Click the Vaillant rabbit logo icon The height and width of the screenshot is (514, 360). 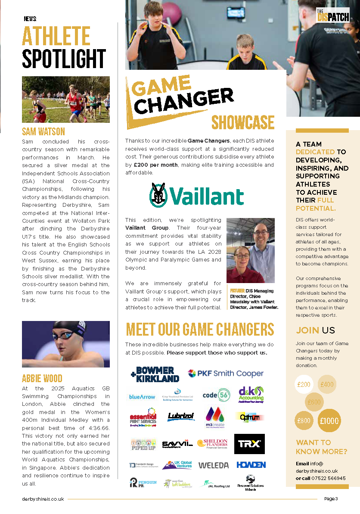pyautogui.click(x=159, y=195)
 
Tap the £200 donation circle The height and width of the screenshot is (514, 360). pyautogui.click(x=304, y=385)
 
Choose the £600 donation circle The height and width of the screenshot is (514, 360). pyautogui.click(x=314, y=402)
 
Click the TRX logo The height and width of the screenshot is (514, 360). pyautogui.click(x=249, y=444)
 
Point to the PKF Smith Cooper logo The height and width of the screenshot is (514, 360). pyautogui.click(x=225, y=374)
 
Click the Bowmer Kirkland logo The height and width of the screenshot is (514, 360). pyautogui.click(x=155, y=374)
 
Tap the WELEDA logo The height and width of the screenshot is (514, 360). pyautogui.click(x=213, y=465)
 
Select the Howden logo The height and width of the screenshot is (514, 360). pyautogui.click(x=251, y=465)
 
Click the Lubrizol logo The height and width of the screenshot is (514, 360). pyautogui.click(x=181, y=417)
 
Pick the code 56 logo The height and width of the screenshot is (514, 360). pyautogui.click(x=216, y=395)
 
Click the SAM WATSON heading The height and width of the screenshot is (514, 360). pyautogui.click(x=43, y=131)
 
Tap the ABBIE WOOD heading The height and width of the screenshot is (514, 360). pyautogui.click(x=42, y=379)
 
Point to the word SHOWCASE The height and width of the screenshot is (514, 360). pyautogui.click(x=242, y=122)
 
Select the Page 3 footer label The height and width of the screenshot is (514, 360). pyautogui.click(x=331, y=499)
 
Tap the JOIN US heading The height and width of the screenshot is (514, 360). pyautogui.click(x=315, y=330)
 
